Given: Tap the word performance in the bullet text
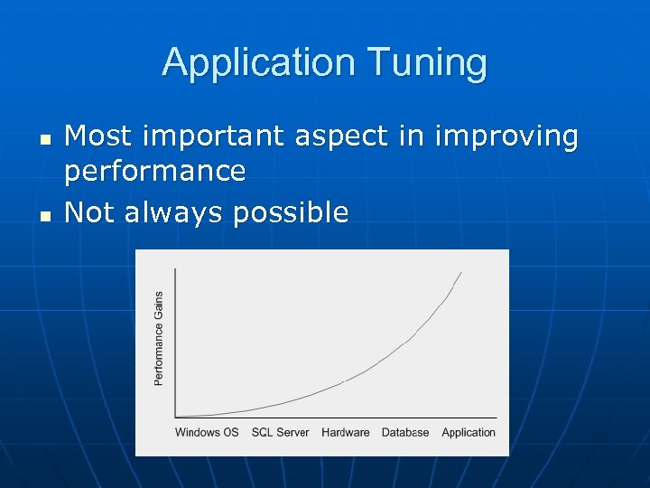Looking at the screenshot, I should pos(155,171).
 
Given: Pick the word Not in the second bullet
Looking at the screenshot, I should pos(89,212).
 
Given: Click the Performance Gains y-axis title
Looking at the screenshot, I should pos(159,338).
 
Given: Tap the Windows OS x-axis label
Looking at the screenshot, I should pos(207,433).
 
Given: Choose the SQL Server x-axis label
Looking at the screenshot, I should pos(280,433).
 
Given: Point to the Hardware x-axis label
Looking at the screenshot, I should pos(345,433).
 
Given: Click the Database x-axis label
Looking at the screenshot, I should pos(405,433).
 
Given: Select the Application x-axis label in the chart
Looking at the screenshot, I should pos(469,433).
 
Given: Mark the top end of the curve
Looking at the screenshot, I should pos(461,272).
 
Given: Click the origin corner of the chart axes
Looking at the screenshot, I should pos(174,417).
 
